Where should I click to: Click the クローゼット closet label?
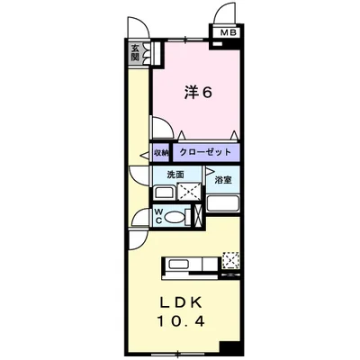pos(207,153)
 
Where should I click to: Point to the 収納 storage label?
pos(160,153)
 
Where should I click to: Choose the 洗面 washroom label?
pos(175,174)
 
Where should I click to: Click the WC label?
pos(158,215)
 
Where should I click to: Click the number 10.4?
pos(184,321)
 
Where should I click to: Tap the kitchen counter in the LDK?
pos(190,265)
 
